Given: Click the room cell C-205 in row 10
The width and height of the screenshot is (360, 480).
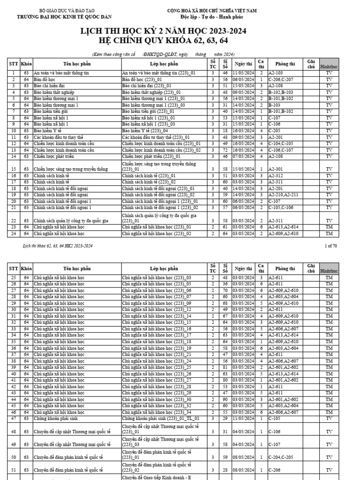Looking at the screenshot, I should pos(275,131).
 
